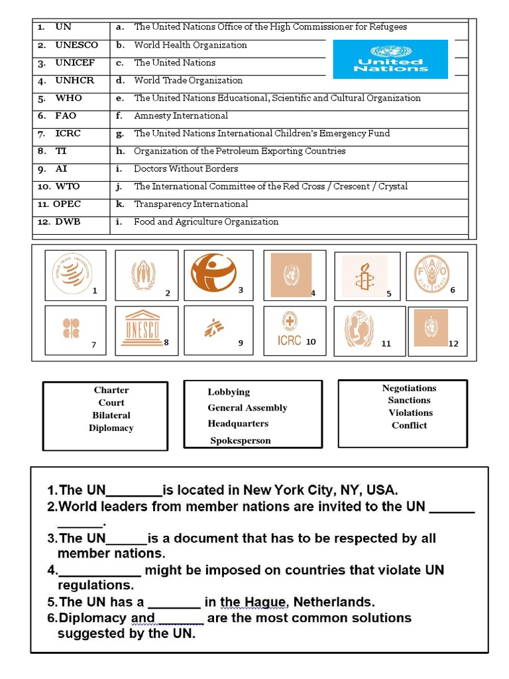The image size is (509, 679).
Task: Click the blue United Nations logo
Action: [390, 59]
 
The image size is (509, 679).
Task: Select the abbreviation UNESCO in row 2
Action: [76, 45]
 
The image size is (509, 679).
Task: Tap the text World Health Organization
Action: [190, 45]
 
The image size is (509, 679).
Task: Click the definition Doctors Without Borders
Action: [186, 168]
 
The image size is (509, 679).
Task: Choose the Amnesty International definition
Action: [181, 115]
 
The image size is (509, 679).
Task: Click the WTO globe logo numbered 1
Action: [72, 274]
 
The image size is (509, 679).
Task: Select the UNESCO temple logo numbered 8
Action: [142, 328]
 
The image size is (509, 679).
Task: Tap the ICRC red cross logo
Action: [289, 330]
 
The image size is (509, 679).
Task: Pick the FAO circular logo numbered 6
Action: [431, 274]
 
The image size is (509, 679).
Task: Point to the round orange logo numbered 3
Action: [213, 273]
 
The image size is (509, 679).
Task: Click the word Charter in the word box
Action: [111, 390]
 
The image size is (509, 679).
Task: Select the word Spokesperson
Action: [241, 440]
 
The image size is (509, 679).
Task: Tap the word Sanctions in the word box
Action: [409, 400]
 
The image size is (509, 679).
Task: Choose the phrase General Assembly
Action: [247, 408]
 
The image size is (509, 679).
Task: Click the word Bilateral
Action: [111, 415]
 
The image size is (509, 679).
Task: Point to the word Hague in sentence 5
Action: [265, 602]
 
